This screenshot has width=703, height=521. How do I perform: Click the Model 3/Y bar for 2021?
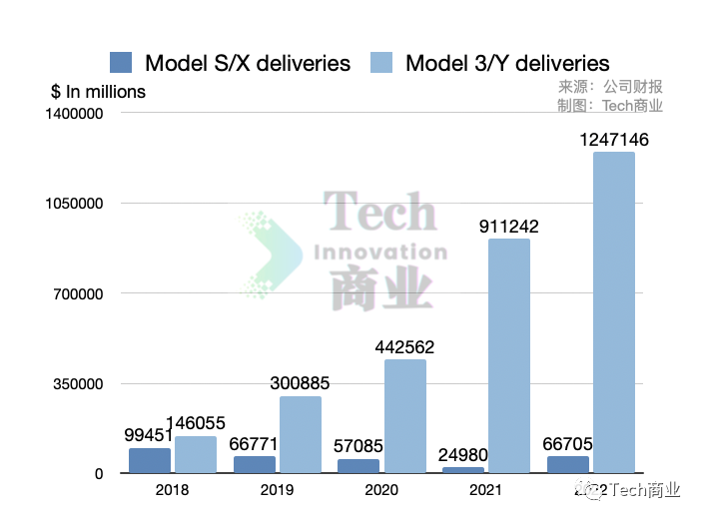coord(508,354)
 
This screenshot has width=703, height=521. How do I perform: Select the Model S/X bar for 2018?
coord(150,460)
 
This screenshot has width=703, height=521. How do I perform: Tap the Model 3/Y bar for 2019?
coord(301,434)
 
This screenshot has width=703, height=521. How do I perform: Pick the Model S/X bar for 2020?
coord(357,466)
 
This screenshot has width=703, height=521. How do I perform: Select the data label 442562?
coord(404,347)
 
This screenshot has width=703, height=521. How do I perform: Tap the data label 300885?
coord(300,383)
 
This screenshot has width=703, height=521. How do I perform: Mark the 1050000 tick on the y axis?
coord(76,204)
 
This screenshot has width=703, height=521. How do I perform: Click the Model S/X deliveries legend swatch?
coord(121,63)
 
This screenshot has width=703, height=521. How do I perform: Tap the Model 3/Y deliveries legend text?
coord(507,63)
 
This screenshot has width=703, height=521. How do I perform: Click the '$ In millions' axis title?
coord(98,92)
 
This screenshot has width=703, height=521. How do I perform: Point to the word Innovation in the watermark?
coord(380,253)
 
